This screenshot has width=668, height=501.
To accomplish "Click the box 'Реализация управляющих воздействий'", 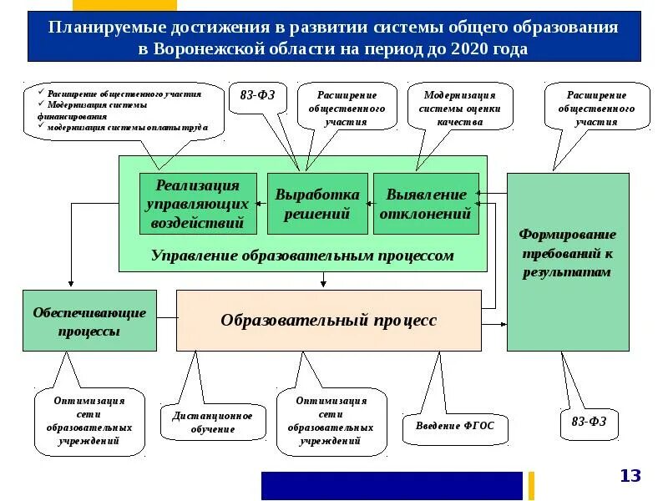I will pyautogui.click(x=198, y=203).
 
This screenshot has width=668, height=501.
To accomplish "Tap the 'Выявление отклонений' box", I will pyautogui.click(x=426, y=203).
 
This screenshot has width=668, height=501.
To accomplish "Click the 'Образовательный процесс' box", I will pyautogui.click(x=328, y=321).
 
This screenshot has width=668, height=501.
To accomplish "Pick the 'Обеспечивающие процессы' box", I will pyautogui.click(x=89, y=321).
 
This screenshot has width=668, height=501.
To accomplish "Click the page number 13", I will pyautogui.click(x=630, y=476).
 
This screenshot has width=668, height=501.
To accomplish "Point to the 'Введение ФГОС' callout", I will pyautogui.click(x=455, y=425).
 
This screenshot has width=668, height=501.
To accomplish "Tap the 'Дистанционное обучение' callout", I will pyautogui.click(x=212, y=423).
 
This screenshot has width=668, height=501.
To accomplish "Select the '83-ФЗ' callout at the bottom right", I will pyautogui.click(x=589, y=422).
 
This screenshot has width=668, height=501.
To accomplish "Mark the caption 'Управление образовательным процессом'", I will pyautogui.click(x=302, y=256).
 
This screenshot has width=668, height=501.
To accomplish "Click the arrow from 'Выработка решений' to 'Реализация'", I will pyautogui.click(x=259, y=203).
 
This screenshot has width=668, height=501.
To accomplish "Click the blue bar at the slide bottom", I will pyautogui.click(x=392, y=485).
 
